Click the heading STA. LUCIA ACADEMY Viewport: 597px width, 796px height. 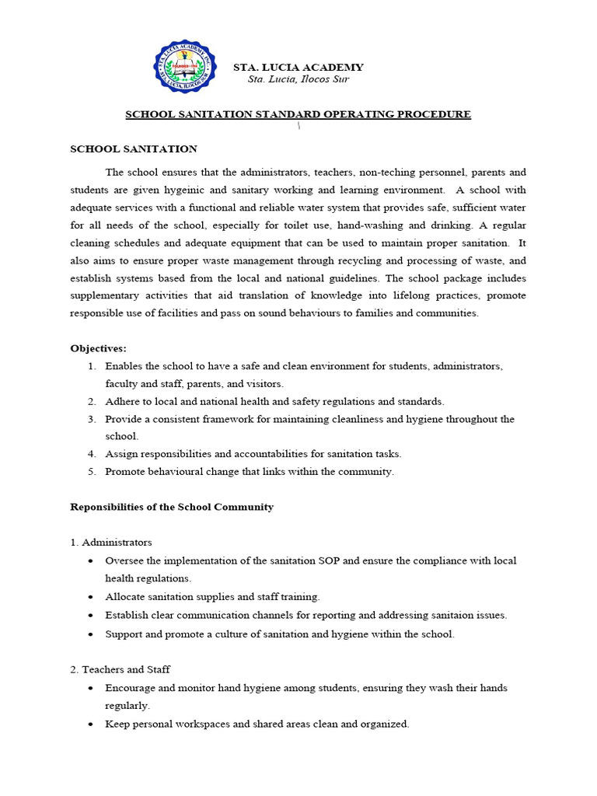tap(298, 68)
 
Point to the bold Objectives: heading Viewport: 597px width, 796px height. tap(99, 347)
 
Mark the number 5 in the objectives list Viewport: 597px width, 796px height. tap(91, 471)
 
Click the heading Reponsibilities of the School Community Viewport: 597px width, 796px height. tap(172, 507)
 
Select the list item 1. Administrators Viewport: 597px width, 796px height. tap(111, 542)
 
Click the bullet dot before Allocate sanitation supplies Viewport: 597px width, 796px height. tap(92, 597)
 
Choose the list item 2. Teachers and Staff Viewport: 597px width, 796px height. tap(120, 669)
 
